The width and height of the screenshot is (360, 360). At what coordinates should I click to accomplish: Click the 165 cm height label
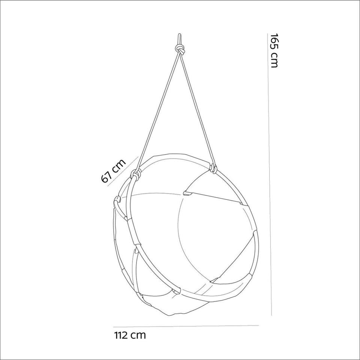click(274, 51)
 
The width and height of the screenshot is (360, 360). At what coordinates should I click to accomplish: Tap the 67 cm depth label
click(113, 171)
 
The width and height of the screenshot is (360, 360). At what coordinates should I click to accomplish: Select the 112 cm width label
click(130, 335)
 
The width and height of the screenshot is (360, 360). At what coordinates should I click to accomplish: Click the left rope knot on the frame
click(135, 174)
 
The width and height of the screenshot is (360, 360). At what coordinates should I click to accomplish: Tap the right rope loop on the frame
click(214, 168)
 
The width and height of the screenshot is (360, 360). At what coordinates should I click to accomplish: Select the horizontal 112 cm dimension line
click(186, 326)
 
